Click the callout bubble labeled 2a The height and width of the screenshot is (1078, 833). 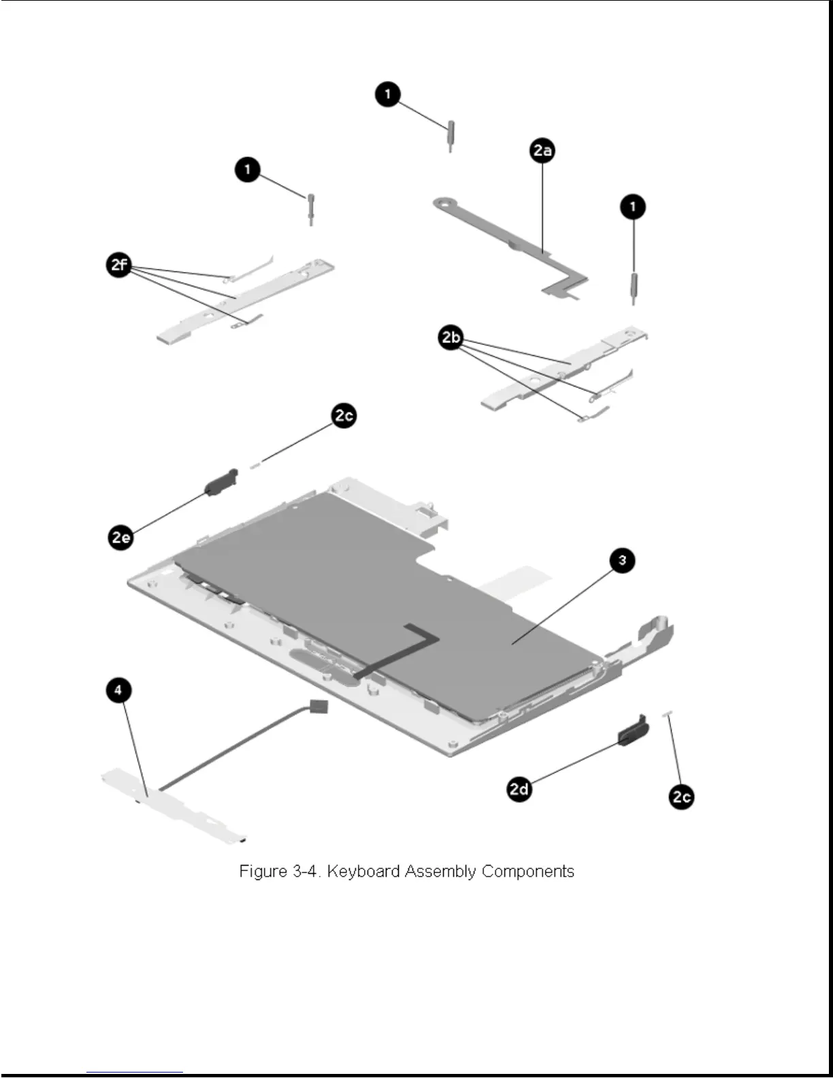click(x=542, y=150)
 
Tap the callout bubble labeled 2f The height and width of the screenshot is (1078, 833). click(x=120, y=264)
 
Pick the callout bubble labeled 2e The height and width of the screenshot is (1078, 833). click(x=121, y=538)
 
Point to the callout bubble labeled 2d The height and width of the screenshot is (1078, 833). click(x=519, y=789)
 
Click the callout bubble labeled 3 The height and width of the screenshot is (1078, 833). click(x=621, y=561)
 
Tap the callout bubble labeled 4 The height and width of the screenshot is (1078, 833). click(x=118, y=690)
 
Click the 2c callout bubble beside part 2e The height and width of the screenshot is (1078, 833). click(x=344, y=416)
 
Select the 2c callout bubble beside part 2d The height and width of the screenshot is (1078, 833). click(x=681, y=796)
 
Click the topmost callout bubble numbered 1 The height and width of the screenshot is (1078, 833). click(x=388, y=94)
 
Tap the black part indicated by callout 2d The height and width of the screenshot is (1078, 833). click(x=633, y=731)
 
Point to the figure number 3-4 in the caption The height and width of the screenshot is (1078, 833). click(x=305, y=872)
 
